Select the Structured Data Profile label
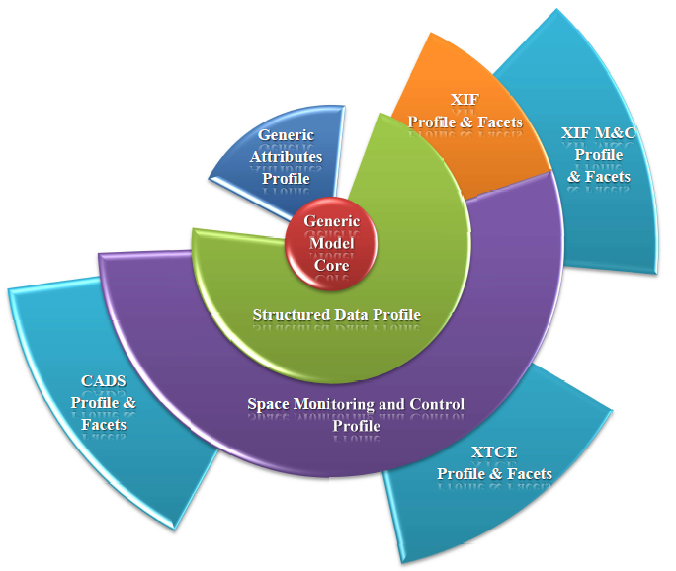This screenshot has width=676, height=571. (336, 315)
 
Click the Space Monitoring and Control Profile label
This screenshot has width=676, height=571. (355, 414)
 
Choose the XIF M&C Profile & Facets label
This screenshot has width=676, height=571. (599, 154)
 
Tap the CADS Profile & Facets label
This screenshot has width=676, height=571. (104, 401)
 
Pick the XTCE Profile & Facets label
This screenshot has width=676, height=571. (494, 465)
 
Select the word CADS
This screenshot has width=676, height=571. (104, 380)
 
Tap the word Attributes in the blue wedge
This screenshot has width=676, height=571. (286, 156)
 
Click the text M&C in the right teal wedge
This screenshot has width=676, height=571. (614, 133)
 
